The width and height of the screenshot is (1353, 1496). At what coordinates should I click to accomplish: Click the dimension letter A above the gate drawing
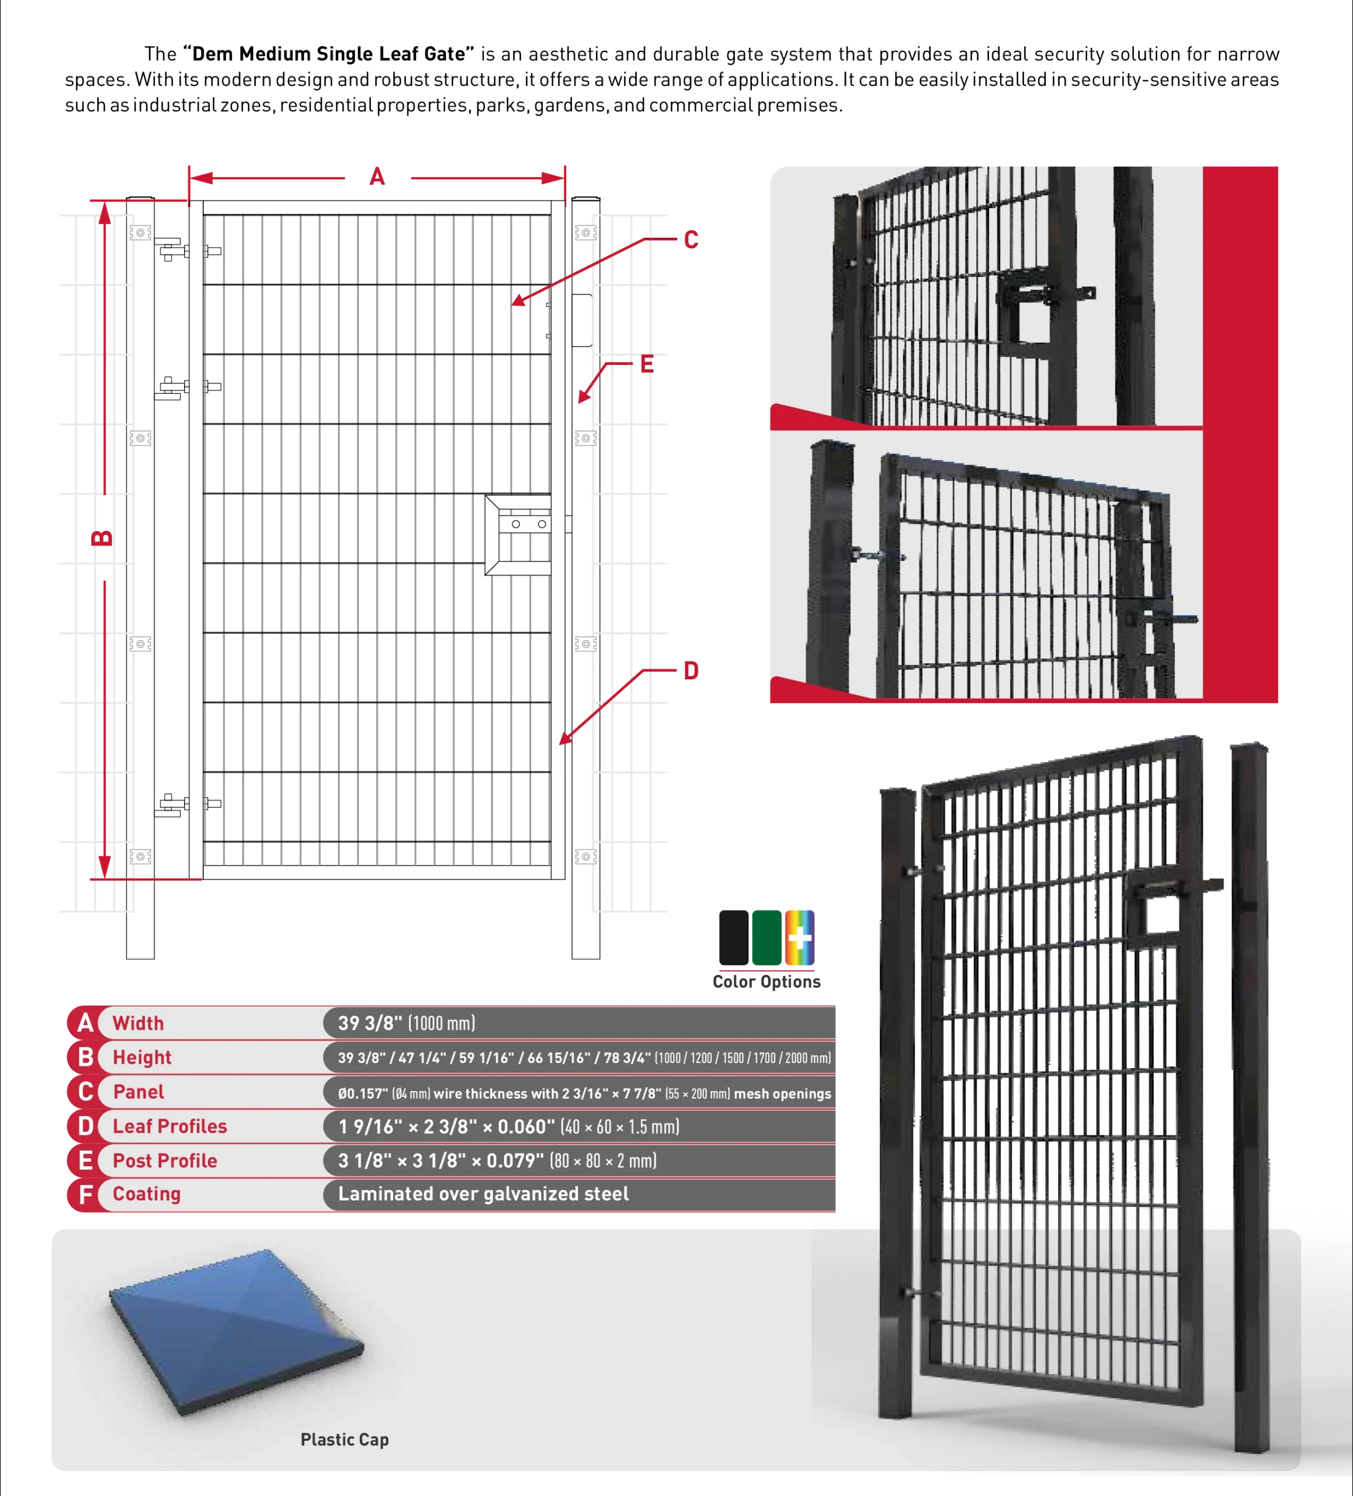[377, 176]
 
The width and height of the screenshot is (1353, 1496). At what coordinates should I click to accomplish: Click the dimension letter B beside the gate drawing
[102, 537]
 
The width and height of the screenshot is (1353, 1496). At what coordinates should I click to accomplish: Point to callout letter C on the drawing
[691, 240]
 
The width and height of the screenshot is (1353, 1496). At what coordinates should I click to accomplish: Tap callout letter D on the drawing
[691, 671]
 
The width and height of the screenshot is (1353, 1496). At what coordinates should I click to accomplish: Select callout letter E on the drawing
[647, 364]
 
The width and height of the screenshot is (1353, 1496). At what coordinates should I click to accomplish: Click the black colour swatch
[734, 937]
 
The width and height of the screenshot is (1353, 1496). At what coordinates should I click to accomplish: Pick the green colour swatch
[766, 937]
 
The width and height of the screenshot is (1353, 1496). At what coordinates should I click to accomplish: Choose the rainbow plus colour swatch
[800, 937]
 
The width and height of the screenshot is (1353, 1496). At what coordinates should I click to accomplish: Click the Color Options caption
[766, 982]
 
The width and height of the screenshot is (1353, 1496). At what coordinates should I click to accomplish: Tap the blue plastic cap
[236, 1331]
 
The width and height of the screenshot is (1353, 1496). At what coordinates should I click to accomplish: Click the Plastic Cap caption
[344, 1439]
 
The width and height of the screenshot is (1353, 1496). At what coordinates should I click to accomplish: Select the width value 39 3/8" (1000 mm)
[407, 1023]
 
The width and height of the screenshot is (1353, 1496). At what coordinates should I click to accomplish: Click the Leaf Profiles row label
[170, 1127]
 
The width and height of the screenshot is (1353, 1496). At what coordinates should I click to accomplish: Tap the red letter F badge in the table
[85, 1194]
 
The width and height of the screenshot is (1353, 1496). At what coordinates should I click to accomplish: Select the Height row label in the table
[142, 1058]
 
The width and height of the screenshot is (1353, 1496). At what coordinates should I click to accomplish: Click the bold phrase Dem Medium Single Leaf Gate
[328, 54]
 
